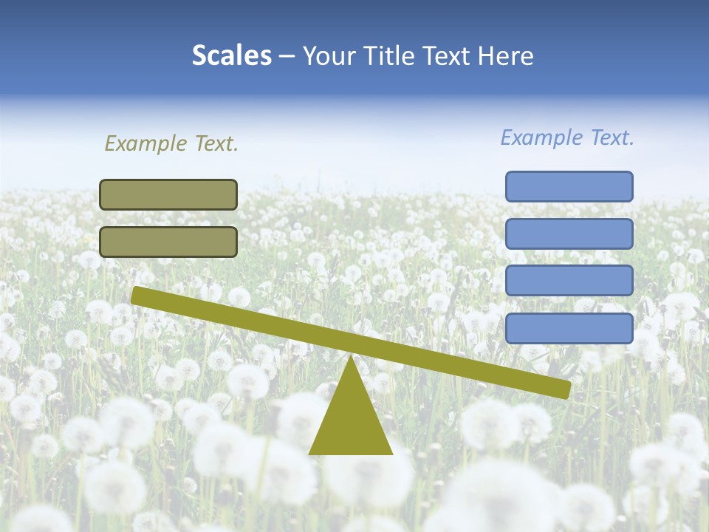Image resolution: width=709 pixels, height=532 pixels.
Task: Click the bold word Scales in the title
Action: click(231, 55)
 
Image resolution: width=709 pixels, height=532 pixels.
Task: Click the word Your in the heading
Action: click(328, 55)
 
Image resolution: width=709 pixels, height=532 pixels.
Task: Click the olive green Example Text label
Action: click(171, 143)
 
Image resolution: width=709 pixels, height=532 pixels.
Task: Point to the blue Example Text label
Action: click(567, 137)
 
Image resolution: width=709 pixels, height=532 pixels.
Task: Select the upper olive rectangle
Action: click(168, 194)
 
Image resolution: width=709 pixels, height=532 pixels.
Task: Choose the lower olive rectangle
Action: click(168, 242)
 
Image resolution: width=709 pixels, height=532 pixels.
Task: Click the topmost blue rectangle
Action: click(569, 186)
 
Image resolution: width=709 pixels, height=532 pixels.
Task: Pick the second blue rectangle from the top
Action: click(569, 233)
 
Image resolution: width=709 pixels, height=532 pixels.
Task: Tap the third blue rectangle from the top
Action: click(569, 281)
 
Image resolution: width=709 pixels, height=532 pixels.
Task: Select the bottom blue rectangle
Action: click(569, 328)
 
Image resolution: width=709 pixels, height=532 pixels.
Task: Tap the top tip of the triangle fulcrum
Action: click(350, 359)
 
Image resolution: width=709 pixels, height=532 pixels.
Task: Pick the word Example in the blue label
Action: click(541, 137)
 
